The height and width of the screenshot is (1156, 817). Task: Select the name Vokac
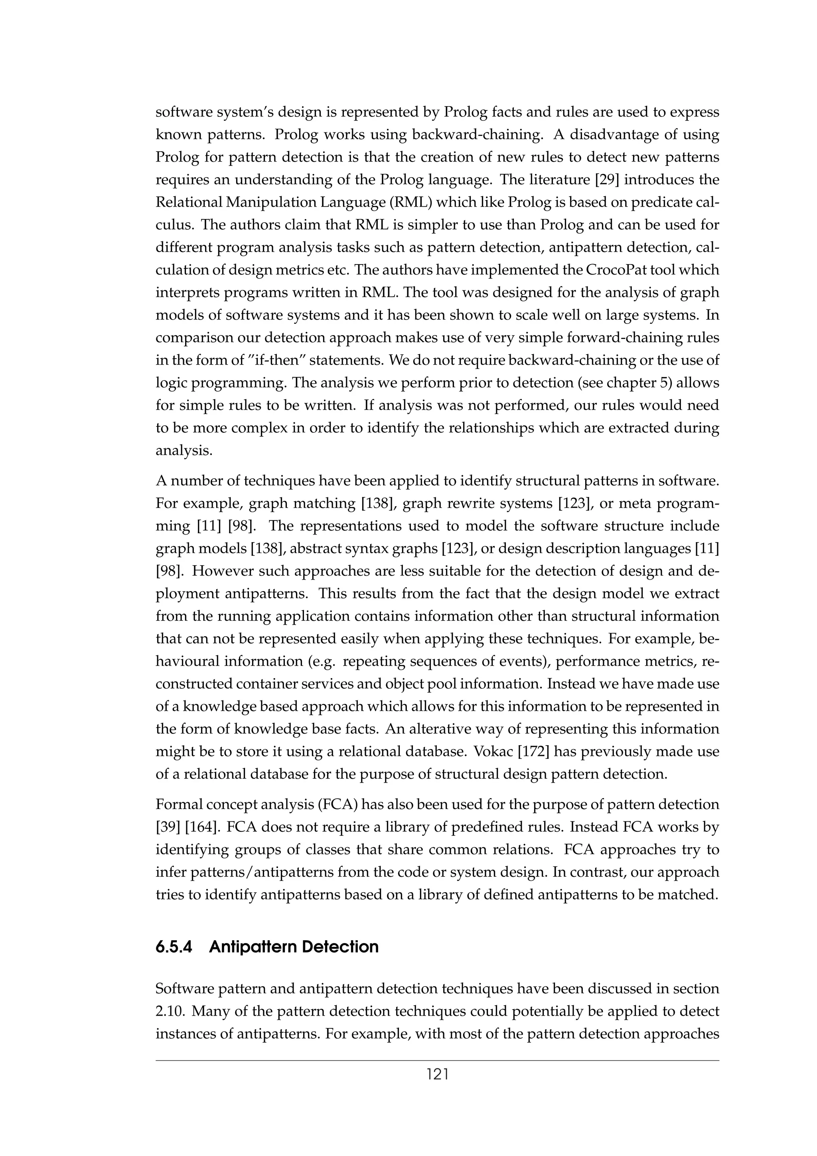(x=491, y=752)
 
